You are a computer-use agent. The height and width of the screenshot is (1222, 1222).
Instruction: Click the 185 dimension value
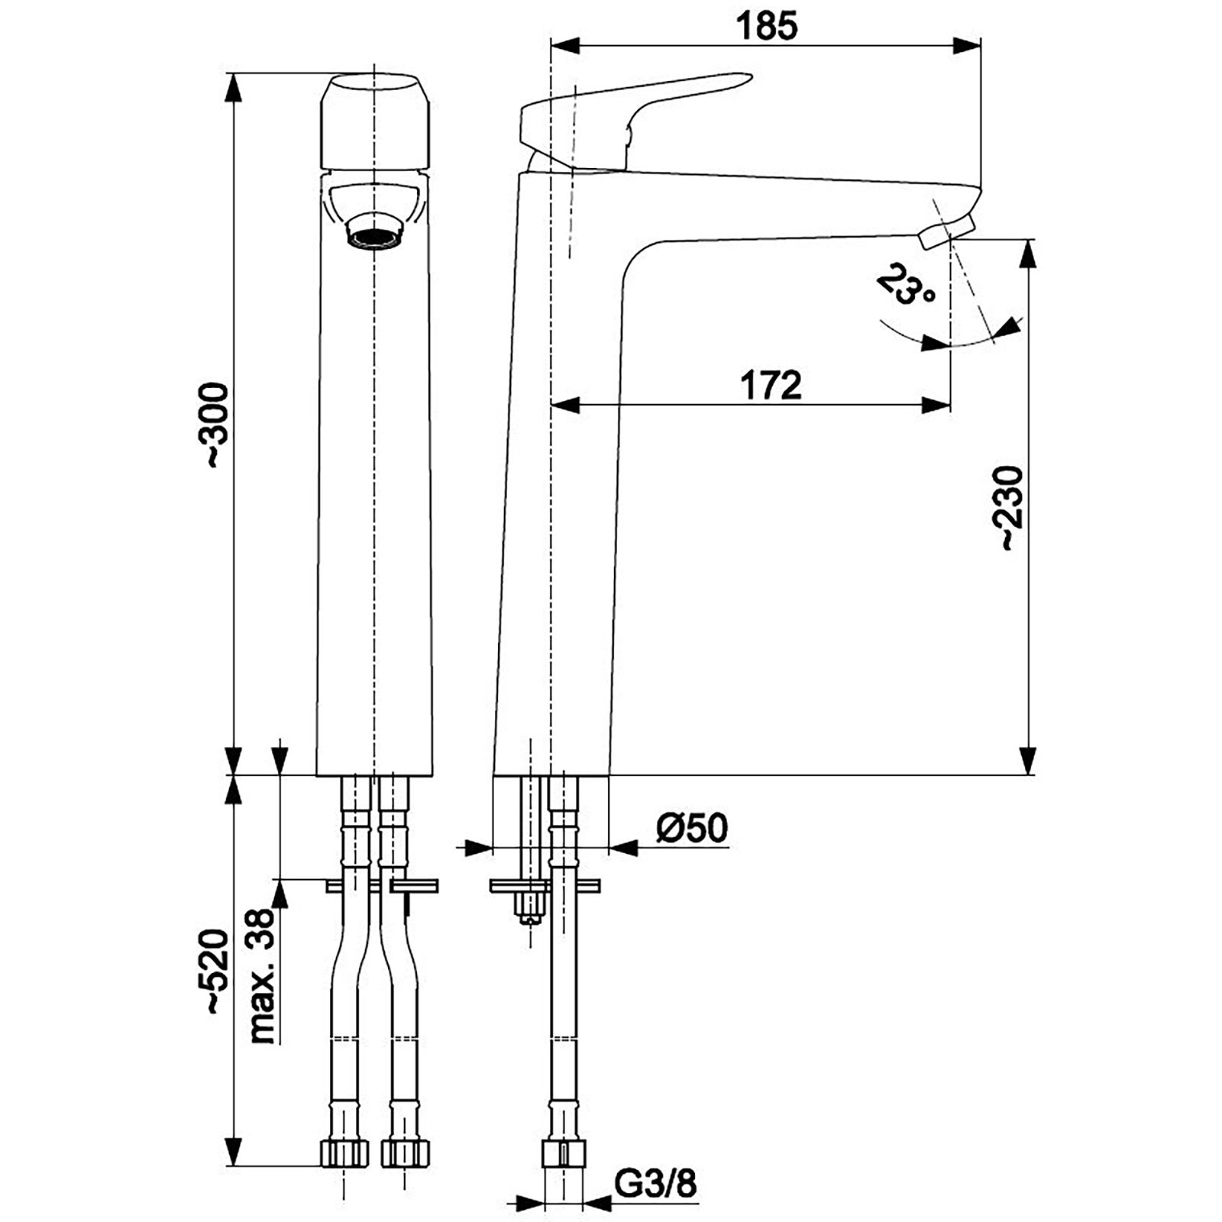(766, 27)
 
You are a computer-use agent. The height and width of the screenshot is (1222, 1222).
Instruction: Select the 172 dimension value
(771, 385)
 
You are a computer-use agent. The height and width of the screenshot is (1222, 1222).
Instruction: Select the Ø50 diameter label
(692, 828)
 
